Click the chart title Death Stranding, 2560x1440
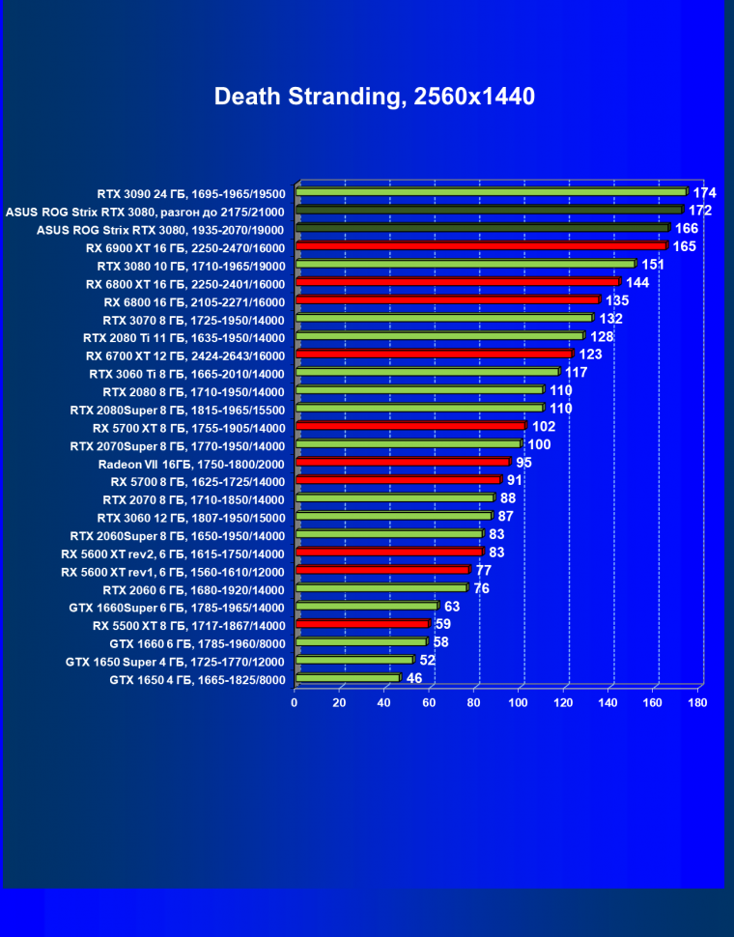coord(375,97)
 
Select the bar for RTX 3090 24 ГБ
coord(491,192)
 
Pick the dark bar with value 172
coord(489,210)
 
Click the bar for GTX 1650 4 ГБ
coord(348,678)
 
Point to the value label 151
coord(653,265)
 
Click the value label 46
coord(413,678)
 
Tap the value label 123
coord(591,355)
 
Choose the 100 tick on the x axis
coord(519,702)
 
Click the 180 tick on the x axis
coord(697,702)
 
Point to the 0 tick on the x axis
coord(295,702)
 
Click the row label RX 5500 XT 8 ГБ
coord(189,625)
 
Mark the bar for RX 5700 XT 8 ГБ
coord(410,426)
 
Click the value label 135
coord(618,300)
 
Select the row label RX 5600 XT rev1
coord(173,572)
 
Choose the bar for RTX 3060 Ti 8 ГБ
coord(427,372)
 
